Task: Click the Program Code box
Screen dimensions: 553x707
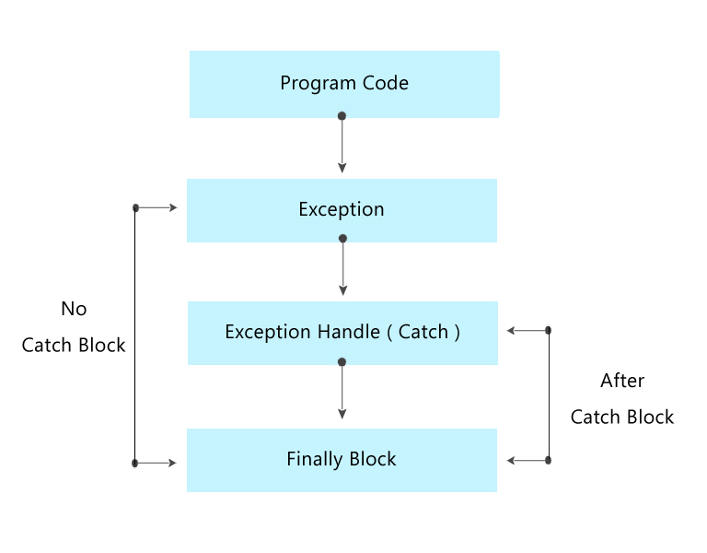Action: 344,84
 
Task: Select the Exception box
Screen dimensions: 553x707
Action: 342,210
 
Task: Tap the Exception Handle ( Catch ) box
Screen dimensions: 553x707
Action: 342,333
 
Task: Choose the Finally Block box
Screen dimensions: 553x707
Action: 342,460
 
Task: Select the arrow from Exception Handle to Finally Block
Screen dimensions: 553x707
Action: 342,392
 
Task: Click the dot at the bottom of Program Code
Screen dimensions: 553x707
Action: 342,116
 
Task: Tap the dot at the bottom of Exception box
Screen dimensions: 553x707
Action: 342,239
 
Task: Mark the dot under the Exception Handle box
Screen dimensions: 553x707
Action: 342,362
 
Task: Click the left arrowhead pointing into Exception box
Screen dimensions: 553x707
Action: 171,208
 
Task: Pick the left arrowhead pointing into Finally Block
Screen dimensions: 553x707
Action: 171,463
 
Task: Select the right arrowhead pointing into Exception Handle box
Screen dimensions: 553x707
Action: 511,330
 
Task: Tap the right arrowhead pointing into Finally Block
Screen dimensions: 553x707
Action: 511,460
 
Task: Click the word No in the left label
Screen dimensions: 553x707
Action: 74,310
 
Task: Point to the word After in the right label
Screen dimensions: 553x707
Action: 622,381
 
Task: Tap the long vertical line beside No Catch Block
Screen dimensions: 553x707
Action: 135,336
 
